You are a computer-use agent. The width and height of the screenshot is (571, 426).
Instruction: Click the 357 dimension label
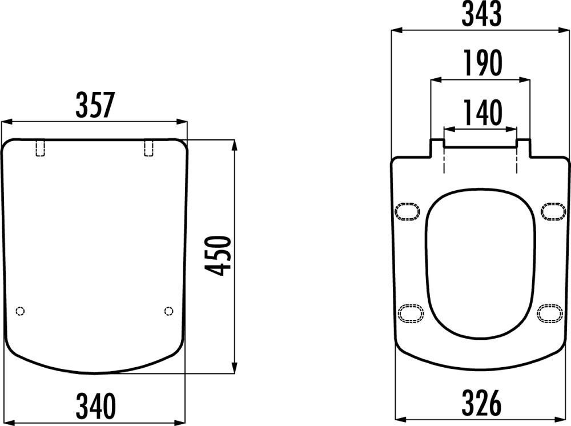pos(95,105)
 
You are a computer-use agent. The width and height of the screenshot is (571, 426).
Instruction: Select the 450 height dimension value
pos(218,256)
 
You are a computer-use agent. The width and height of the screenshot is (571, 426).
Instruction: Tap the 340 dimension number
pos(96,405)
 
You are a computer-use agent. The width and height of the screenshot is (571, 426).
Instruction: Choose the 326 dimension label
pos(481,403)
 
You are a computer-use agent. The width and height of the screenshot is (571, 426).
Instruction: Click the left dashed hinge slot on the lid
pos(40,147)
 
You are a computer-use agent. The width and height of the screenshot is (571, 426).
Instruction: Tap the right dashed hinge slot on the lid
pos(148,147)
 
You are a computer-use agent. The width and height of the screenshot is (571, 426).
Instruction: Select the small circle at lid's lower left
pos(21,311)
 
